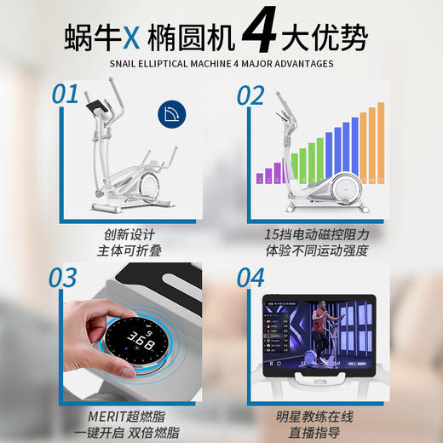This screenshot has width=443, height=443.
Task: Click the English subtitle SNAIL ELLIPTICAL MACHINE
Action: pos(221,63)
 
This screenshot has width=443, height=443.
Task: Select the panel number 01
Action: pos(65,95)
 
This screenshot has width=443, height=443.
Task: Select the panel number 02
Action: pos(250,95)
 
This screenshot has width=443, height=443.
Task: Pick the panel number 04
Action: pos(250,279)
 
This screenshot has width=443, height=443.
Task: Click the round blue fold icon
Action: pos(174,112)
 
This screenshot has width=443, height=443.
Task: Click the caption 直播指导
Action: pos(314,434)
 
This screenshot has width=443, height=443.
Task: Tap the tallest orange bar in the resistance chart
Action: pos(380,142)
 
